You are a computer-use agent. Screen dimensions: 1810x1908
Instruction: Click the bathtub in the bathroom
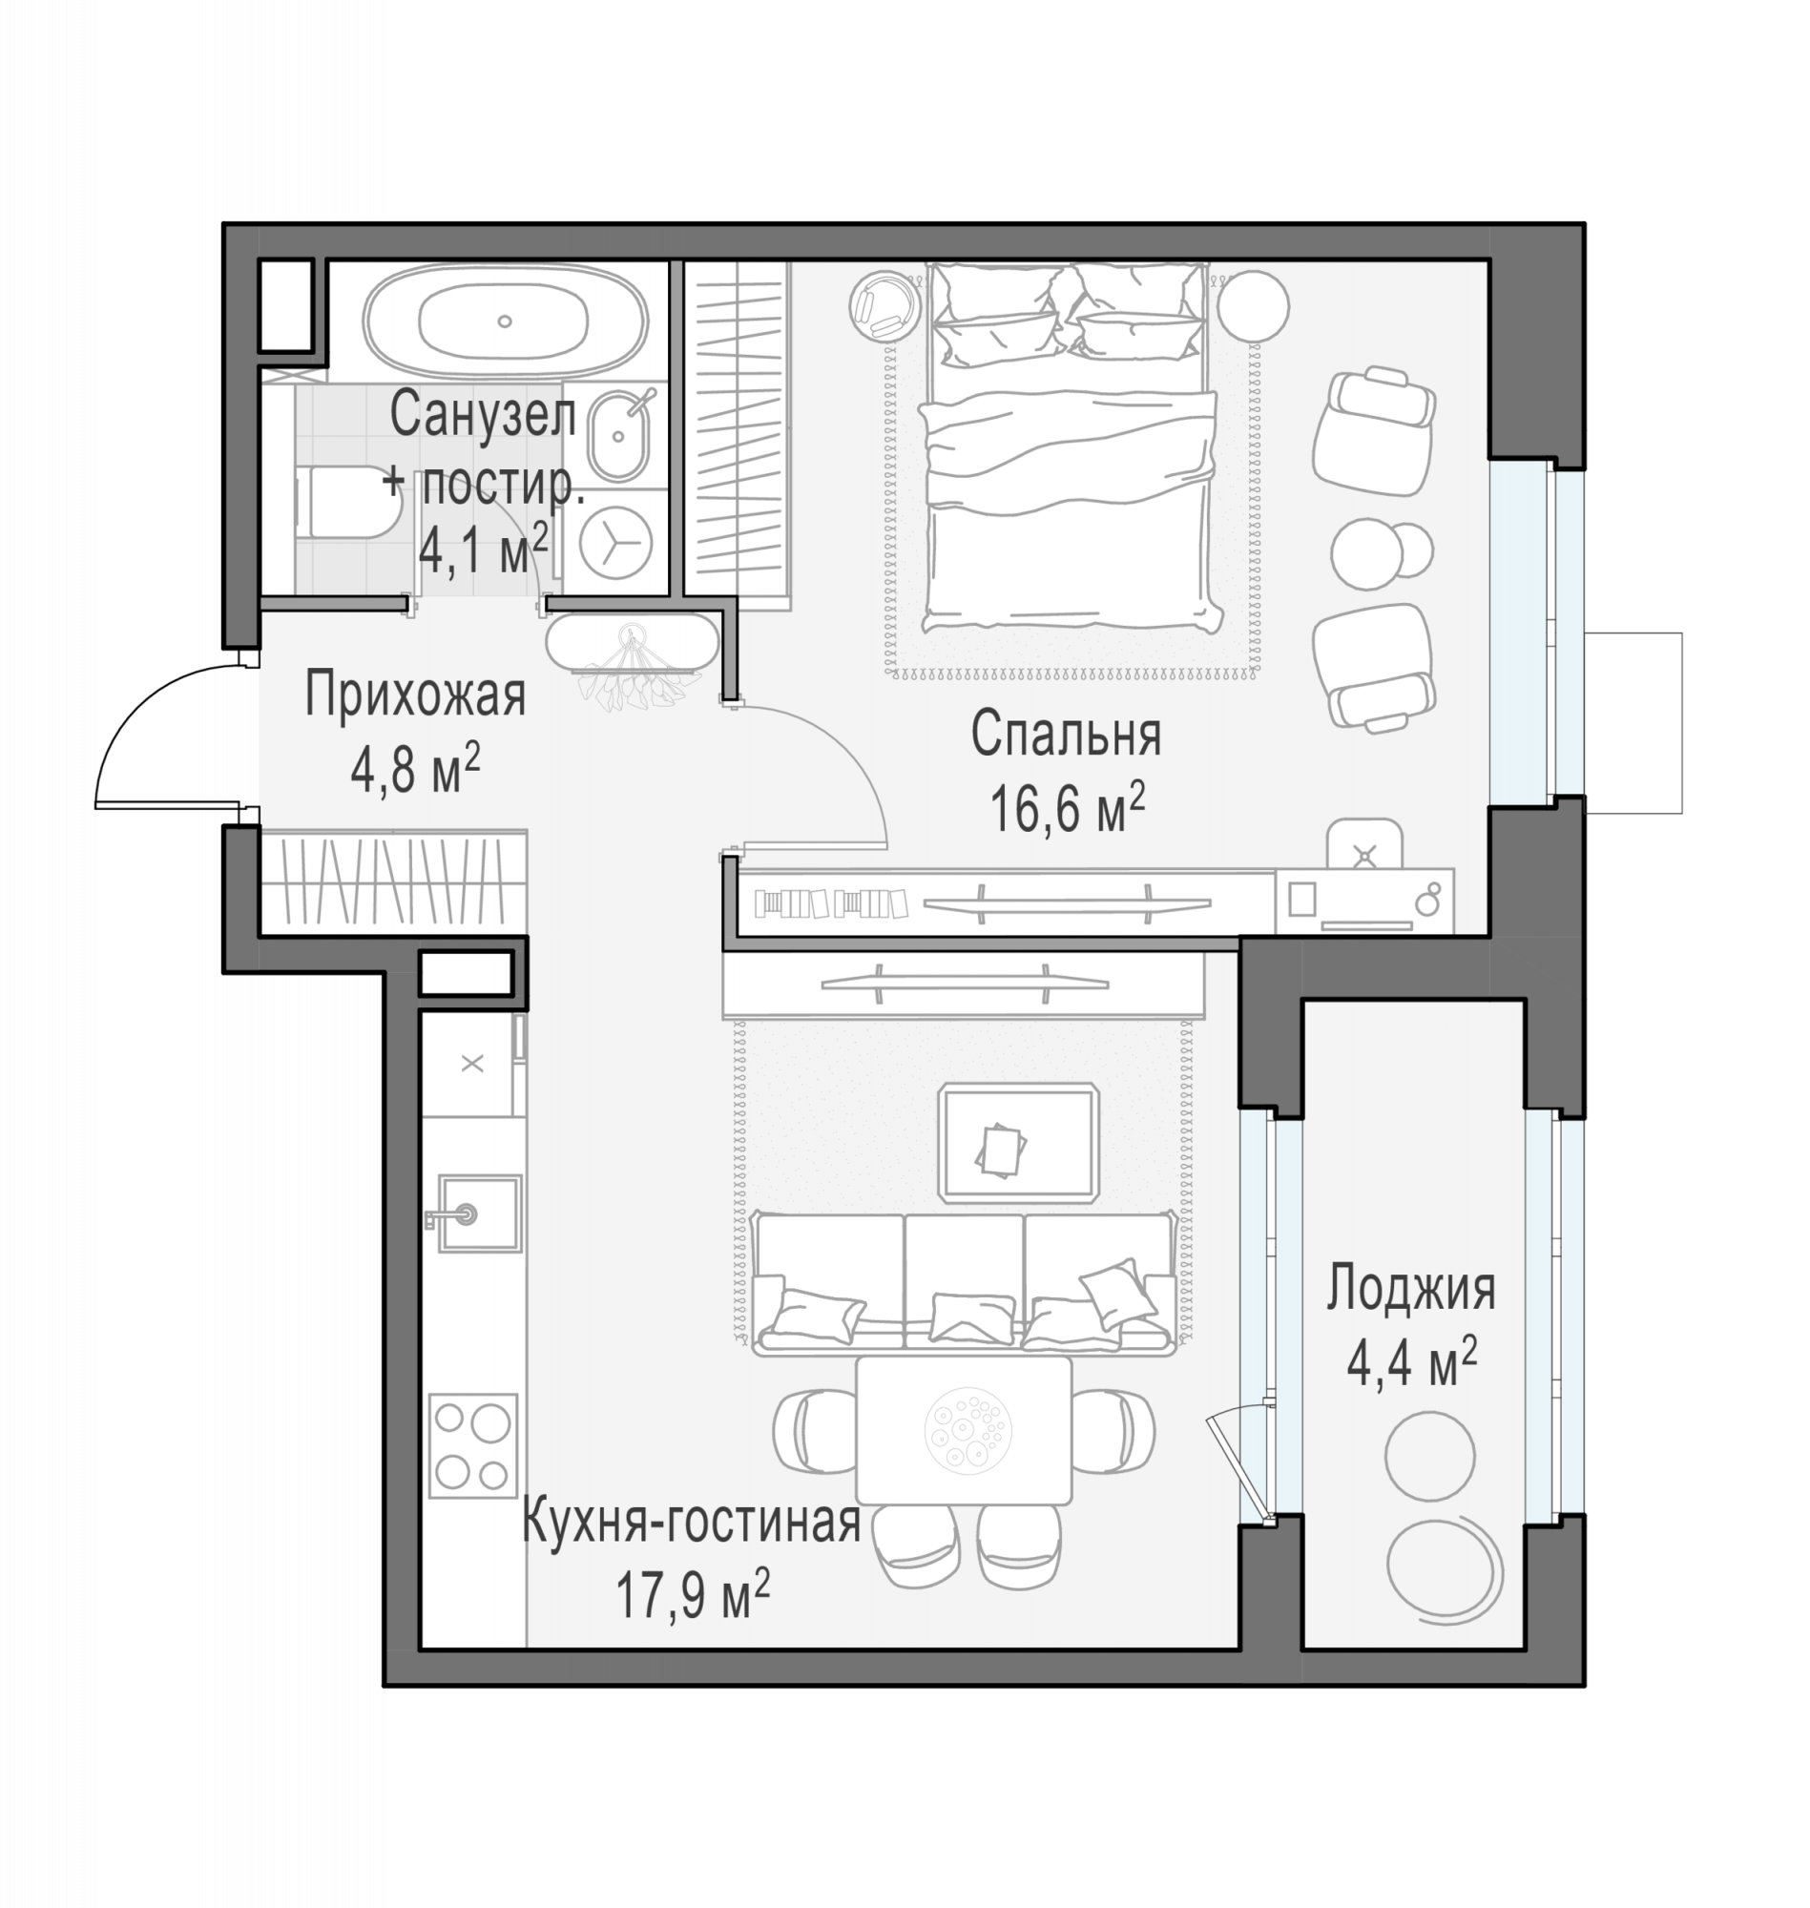pyautogui.click(x=505, y=321)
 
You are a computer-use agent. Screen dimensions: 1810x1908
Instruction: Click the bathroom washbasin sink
pyautogui.click(x=618, y=437)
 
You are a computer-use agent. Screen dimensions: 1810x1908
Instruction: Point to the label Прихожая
pyautogui.click(x=415, y=695)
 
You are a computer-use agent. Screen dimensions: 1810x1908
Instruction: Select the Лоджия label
pyautogui.click(x=1410, y=1289)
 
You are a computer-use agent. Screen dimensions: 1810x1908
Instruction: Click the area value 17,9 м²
pyautogui.click(x=692, y=1594)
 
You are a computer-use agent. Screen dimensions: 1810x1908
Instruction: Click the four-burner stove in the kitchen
pyautogui.click(x=472, y=1446)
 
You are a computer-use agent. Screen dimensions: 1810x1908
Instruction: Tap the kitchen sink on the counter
pyautogui.click(x=480, y=1213)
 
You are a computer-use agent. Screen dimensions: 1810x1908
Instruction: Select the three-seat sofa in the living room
pyautogui.click(x=964, y=1284)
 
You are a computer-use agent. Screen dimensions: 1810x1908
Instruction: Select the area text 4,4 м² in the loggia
pyautogui.click(x=1411, y=1365)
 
